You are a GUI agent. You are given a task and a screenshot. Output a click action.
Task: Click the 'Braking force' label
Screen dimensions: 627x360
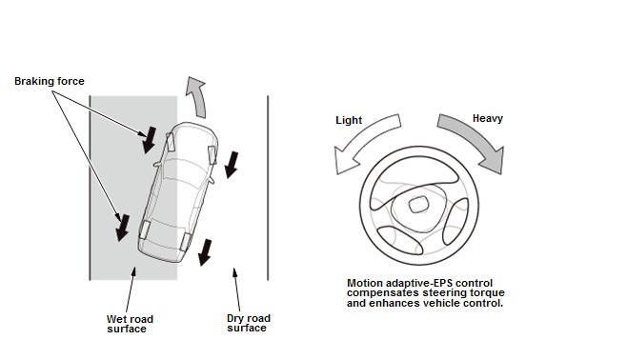click(50, 81)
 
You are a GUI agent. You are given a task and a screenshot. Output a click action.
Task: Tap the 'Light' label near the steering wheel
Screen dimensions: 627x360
click(349, 120)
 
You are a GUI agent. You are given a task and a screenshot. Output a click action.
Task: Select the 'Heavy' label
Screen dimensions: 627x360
click(488, 119)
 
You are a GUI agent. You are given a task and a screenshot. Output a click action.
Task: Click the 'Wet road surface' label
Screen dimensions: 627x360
click(130, 324)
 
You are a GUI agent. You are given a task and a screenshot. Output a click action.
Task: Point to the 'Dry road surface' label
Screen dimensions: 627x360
click(249, 323)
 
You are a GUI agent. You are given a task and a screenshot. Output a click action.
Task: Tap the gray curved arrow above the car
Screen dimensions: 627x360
click(197, 96)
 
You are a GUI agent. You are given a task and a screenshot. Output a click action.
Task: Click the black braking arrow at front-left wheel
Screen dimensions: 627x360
click(150, 140)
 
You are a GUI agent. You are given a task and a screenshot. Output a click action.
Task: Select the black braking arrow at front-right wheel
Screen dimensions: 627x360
click(232, 165)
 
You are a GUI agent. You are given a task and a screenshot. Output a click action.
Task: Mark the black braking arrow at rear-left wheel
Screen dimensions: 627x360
click(122, 228)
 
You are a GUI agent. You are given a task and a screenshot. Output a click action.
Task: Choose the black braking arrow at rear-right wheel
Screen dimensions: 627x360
click(205, 252)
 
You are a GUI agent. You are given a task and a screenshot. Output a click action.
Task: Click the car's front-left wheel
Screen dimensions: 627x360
click(171, 142)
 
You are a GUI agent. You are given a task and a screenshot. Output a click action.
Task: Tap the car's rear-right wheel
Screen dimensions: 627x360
click(185, 241)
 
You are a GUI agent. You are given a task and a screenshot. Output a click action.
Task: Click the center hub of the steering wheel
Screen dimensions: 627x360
click(418, 205)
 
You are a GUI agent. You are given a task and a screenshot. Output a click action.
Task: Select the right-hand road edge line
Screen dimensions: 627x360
click(268, 188)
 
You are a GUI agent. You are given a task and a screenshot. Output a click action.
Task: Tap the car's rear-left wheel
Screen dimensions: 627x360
click(145, 230)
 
